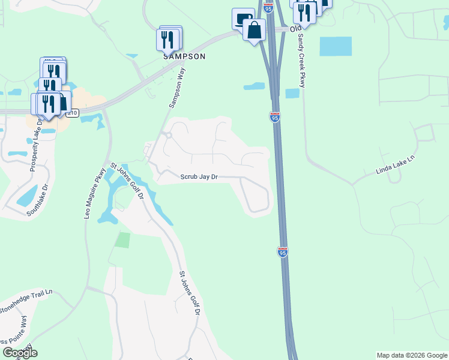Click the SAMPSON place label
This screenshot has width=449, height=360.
coord(184,56)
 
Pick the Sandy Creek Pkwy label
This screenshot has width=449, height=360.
coord(300,60)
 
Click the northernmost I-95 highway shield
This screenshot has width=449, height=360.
coord(275,118)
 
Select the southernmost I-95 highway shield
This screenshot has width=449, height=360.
coord(283,251)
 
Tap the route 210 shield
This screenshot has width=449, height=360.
coord(73,113)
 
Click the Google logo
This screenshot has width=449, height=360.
coord(20,353)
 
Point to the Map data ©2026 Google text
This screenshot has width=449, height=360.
coord(411,355)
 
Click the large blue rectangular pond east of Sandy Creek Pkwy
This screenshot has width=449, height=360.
coord(336,46)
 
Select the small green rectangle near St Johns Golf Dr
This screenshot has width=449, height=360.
coord(122,240)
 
